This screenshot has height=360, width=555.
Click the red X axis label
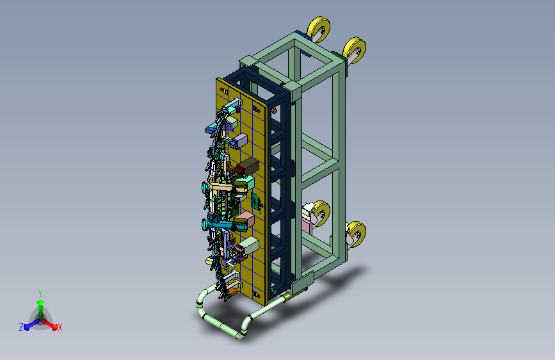(x=60, y=328)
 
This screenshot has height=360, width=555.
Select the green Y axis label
(x=40, y=293)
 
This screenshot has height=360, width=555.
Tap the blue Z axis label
(x=21, y=327)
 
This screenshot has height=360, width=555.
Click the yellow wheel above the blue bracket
(x=319, y=29)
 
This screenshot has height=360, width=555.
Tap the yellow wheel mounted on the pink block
(x=321, y=213)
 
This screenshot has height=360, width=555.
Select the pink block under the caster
(x=307, y=225)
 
